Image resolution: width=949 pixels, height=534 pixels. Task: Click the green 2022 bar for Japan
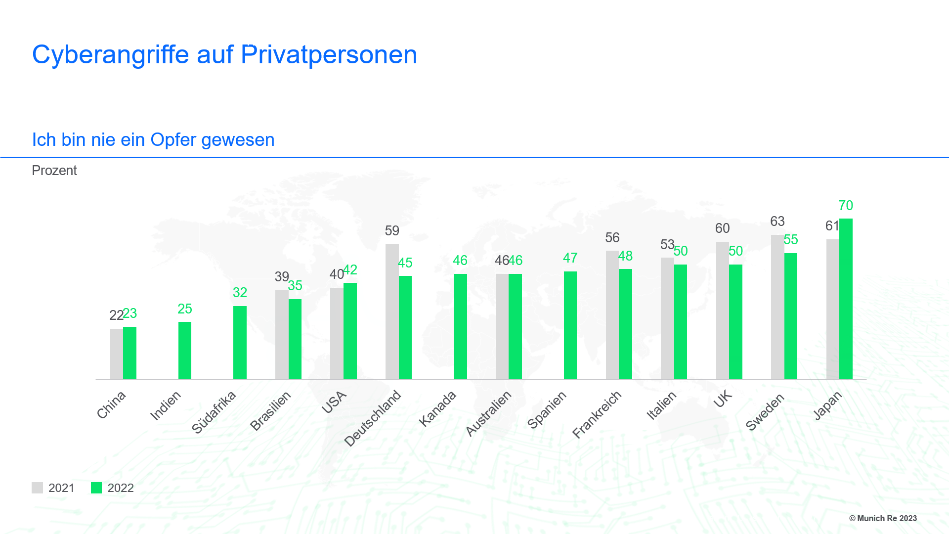846,299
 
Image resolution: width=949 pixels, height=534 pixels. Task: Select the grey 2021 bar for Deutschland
392,311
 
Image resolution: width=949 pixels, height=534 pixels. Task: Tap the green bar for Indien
185,351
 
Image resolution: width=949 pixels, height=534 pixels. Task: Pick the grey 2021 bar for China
116,354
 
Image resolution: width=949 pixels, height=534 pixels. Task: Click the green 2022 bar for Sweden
791,316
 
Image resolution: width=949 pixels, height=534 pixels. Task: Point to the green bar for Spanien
570,325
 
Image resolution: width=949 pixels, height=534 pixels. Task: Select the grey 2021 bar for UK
722,311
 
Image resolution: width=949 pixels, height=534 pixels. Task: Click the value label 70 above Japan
846,206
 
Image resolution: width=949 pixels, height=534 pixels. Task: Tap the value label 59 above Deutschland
392,231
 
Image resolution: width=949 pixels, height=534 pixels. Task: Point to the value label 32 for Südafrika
240,293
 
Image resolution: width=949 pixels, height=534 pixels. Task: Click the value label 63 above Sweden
777,222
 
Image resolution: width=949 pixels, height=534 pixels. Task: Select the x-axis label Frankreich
597,414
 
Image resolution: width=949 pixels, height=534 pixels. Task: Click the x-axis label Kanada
437,408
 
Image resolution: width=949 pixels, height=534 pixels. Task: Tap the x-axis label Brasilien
270,411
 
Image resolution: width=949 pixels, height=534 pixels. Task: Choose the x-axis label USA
334,402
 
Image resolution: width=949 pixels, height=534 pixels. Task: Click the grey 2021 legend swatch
37,488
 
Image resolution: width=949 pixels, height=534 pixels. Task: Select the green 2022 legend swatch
96,488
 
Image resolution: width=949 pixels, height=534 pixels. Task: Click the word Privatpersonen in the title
329,54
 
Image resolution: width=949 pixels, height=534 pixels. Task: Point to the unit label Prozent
54,171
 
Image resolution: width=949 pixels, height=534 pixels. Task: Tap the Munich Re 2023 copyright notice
883,518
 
